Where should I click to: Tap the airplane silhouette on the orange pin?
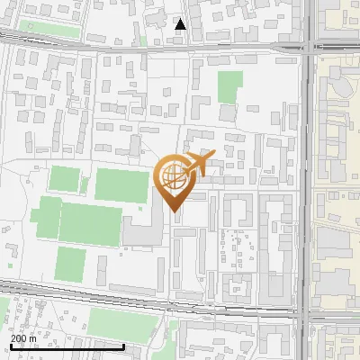coord(200,165)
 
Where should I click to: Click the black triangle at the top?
coord(181,24)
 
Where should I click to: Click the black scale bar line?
coord(67,346)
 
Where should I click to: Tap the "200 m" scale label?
coord(24,338)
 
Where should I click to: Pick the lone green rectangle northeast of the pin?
coord(230,87)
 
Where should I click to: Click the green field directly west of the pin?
coord(121,184)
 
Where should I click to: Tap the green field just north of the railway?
coord(69,264)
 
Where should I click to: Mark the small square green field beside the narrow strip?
coord(64,178)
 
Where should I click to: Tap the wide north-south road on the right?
coord(307,180)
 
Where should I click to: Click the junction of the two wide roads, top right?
coord(307,47)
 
